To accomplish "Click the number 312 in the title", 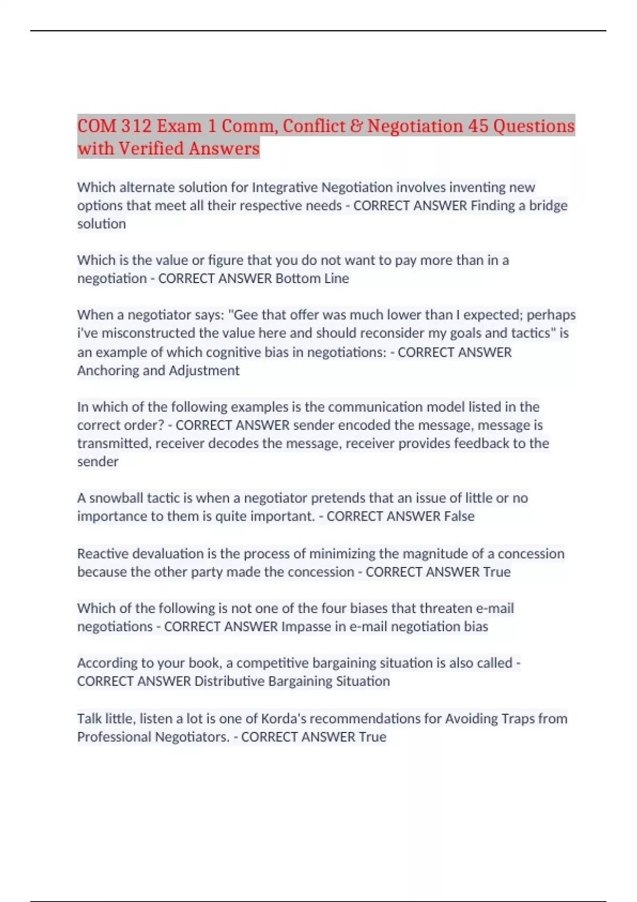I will [x=135, y=126].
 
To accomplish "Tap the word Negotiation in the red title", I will [x=415, y=126].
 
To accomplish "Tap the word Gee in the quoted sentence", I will [x=246, y=315].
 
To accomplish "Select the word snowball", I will [x=116, y=498].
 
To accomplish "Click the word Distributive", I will [x=229, y=681].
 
